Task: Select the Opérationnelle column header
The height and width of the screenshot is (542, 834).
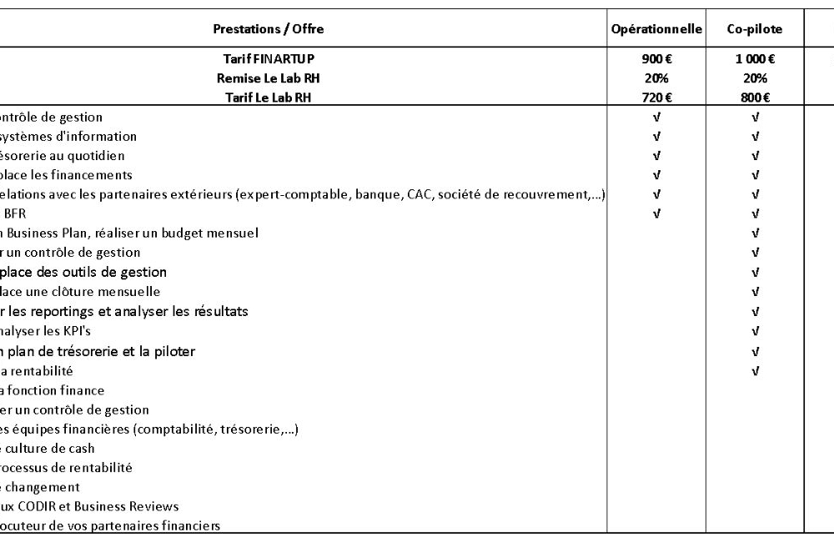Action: (x=656, y=29)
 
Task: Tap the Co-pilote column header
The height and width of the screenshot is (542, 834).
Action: (x=755, y=29)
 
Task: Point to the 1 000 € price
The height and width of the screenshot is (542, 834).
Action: (x=755, y=59)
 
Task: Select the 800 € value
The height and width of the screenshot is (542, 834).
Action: (x=755, y=98)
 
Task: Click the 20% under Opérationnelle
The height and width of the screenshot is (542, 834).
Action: (x=656, y=78)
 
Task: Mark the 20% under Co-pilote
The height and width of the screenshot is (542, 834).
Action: (x=755, y=78)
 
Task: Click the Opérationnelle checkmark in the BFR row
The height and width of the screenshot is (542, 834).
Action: (x=656, y=214)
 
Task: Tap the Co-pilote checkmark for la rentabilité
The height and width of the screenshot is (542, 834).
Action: (x=755, y=371)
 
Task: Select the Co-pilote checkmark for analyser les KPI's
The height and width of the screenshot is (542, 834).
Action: (x=755, y=332)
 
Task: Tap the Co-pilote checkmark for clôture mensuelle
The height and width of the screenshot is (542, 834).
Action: (x=755, y=293)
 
